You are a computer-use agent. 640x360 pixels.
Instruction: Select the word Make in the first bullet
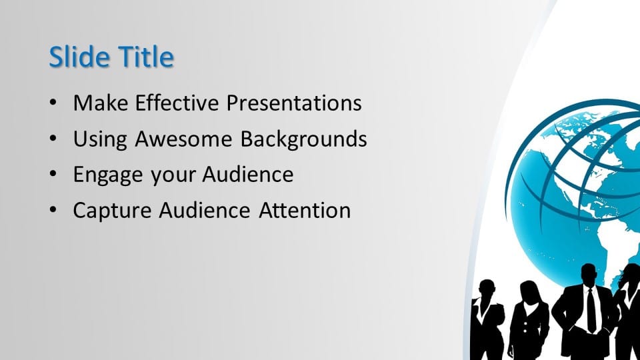point(101,103)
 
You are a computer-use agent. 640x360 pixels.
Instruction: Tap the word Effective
point(177,103)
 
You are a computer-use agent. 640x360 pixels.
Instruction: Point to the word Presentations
point(294,103)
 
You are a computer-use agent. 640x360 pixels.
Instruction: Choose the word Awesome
point(183,139)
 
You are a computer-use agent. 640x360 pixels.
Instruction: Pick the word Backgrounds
point(303,139)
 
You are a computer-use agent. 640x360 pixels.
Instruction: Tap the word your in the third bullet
point(173,177)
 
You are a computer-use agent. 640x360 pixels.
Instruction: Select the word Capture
point(112,211)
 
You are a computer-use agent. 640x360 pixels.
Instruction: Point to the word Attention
point(305,211)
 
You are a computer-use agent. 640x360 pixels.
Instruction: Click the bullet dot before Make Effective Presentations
point(53,102)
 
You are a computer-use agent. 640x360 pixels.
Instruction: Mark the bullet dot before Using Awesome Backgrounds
point(53,138)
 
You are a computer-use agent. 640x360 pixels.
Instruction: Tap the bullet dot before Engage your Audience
point(53,174)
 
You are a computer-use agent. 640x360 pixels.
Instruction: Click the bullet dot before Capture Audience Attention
point(53,210)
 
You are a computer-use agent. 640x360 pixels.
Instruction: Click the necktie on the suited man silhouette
point(591,309)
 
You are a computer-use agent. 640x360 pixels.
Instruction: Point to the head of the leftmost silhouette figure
point(486,289)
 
